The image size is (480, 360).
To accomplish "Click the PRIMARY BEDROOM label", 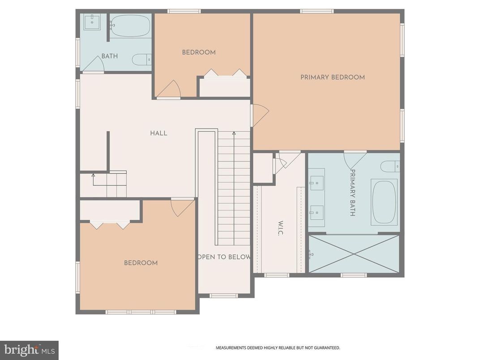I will [332, 77].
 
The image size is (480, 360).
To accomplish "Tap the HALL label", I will [159, 133].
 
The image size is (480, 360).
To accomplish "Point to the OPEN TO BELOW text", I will [224, 257].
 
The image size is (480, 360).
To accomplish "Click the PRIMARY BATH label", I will [352, 193].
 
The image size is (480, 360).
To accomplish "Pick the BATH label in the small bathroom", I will [109, 56].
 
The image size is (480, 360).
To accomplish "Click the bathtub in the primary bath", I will [384, 202].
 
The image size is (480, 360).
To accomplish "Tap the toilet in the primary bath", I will [390, 166].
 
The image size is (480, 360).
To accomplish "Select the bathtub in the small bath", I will [130, 26].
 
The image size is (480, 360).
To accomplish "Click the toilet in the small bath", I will [142, 59].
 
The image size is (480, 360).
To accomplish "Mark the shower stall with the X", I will [354, 254].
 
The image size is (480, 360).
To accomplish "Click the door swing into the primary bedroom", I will [259, 115].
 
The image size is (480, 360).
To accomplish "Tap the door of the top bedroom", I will [169, 90].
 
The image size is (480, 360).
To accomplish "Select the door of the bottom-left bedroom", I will [182, 207].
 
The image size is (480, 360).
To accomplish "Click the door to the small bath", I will [94, 65].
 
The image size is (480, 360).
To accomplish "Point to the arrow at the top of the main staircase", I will [233, 133].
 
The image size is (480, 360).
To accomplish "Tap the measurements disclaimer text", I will [278, 347].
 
